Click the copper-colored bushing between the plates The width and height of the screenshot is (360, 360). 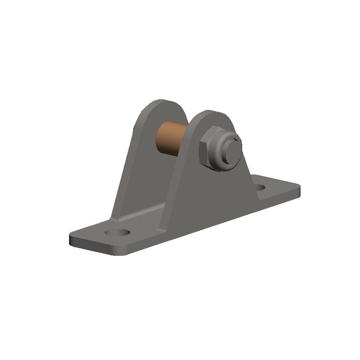(171, 138)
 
